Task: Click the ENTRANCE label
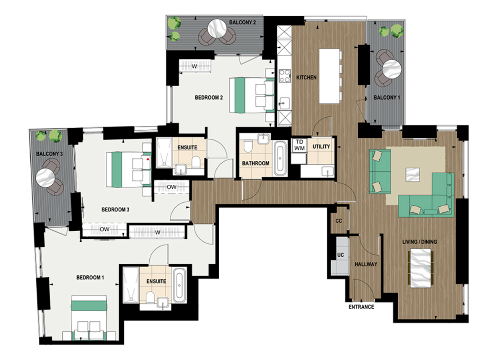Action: coord(361,307)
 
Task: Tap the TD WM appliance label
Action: coord(299,146)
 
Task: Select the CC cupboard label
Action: coord(339,221)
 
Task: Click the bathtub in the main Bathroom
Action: coord(280,158)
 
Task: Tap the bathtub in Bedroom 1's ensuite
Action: coord(179,285)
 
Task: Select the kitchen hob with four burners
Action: coord(284,77)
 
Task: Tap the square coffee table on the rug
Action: coord(413,174)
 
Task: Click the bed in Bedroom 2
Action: coord(251,95)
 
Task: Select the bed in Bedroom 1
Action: coord(89,320)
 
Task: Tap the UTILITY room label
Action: coord(321,146)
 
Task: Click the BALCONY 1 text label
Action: coord(386,98)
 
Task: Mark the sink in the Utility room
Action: coord(327,171)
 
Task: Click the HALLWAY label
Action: coord(365,264)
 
